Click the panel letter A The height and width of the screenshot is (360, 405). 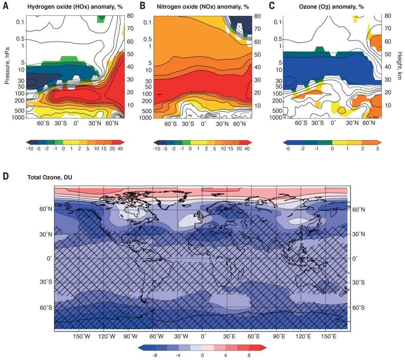tap(6, 5)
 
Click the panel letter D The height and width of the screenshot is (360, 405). tap(6, 176)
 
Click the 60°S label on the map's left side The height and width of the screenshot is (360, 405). tap(45, 307)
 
